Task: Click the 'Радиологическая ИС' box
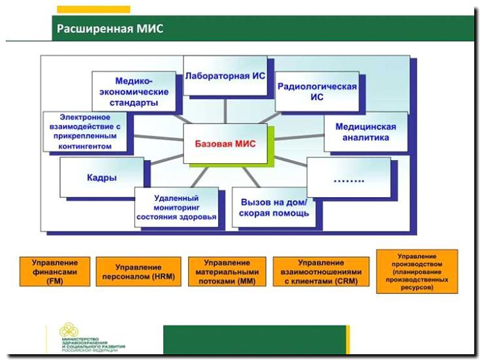coord(317,91)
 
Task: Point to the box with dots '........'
coord(347,176)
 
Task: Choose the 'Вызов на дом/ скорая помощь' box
coord(274,207)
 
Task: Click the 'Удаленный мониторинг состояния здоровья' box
coord(176,208)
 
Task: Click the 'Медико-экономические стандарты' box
coord(133,92)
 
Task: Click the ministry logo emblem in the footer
coord(69,331)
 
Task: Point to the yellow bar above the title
coord(93,9)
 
